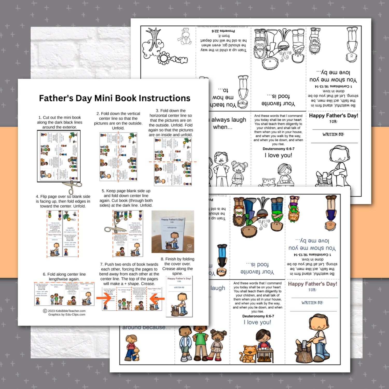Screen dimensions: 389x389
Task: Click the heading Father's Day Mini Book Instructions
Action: tap(114, 98)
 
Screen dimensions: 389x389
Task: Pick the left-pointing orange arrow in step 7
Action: tap(157, 298)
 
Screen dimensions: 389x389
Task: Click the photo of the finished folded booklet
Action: tap(173, 232)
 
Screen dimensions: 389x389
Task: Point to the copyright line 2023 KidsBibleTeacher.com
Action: tap(64, 311)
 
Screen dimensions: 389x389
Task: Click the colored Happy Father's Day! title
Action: tap(312, 284)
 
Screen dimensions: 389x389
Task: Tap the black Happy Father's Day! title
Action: tap(334, 116)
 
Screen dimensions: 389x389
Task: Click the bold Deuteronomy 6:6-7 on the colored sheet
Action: tap(258, 316)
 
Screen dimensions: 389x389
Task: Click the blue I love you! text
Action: tap(257, 322)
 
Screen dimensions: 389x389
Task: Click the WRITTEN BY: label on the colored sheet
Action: tap(312, 303)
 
